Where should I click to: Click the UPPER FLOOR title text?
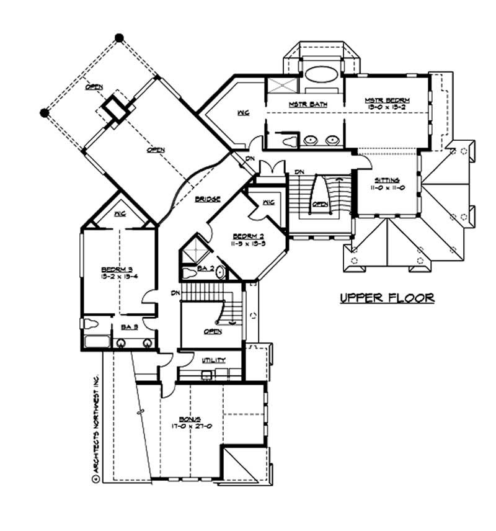(x=387, y=298)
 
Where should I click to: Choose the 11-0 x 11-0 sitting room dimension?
(x=388, y=187)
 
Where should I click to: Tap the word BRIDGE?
(x=206, y=199)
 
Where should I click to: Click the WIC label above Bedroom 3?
(x=120, y=215)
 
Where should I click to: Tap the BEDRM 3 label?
(x=117, y=269)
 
